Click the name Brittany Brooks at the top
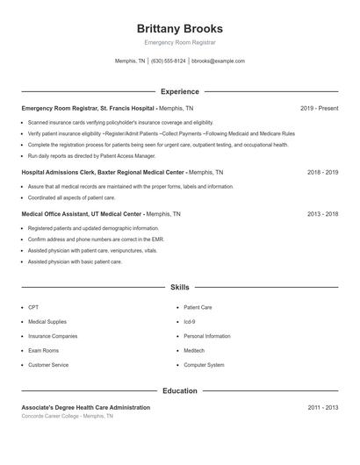tap(180, 28)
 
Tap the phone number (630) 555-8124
tap(168, 61)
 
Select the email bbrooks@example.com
tap(218, 61)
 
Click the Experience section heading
tap(180, 91)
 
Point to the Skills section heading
tap(180, 287)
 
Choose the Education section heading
tap(180, 390)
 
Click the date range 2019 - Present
tap(319, 109)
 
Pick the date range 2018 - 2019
tap(322, 173)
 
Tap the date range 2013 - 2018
tap(322, 214)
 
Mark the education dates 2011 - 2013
tap(322, 408)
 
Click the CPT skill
tap(33, 307)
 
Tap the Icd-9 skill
tap(189, 322)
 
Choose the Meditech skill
tap(193, 350)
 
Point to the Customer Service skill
tap(48, 365)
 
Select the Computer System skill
tap(204, 365)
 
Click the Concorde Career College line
tap(67, 416)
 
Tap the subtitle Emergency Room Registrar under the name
tap(180, 42)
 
